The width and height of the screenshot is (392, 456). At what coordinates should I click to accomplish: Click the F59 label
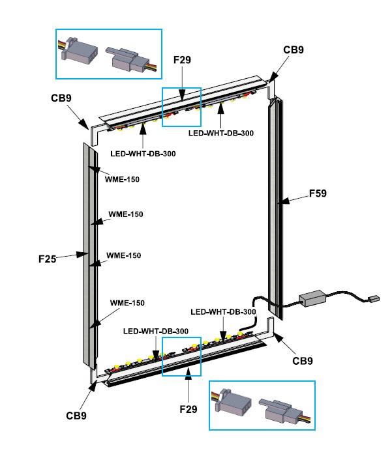point(317,193)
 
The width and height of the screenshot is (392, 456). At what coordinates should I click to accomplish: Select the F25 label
point(48,259)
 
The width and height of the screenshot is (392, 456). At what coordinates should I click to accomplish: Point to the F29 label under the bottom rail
point(188,409)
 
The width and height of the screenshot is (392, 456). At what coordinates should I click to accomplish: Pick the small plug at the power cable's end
point(373,300)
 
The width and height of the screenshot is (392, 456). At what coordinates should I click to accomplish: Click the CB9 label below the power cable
point(302,360)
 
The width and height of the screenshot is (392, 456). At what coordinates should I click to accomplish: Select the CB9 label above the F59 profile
point(293,50)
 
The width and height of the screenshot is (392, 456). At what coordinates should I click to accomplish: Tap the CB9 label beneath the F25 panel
point(76,415)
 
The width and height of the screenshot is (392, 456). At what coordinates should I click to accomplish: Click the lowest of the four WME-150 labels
point(127,303)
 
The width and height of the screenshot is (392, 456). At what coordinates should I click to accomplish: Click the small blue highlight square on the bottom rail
point(182,356)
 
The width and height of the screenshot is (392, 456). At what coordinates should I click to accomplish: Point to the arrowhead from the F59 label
point(280,203)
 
